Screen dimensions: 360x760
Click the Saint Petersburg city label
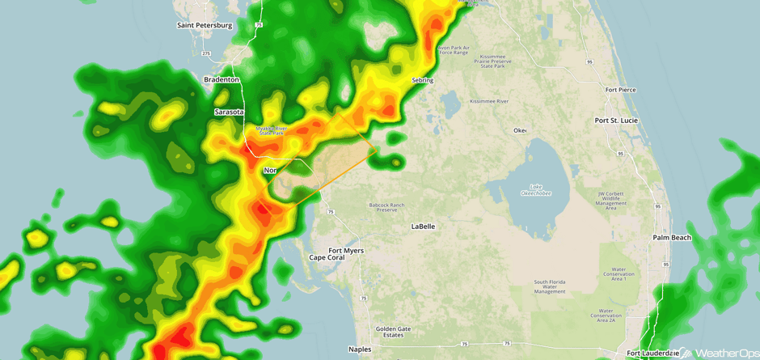click(x=205, y=25)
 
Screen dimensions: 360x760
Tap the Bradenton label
click(x=222, y=80)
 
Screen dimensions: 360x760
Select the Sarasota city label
click(x=229, y=112)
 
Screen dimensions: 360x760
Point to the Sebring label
click(x=422, y=80)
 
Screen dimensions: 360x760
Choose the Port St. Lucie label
click(x=616, y=120)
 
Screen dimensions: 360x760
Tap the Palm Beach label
click(x=672, y=238)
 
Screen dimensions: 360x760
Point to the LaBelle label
click(x=423, y=227)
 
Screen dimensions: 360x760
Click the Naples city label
click(x=359, y=349)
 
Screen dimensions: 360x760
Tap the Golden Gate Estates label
click(x=394, y=332)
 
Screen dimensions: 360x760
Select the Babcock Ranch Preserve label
click(x=386, y=208)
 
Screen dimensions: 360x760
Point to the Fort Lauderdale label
click(x=652, y=353)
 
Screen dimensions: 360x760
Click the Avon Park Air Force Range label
click(x=454, y=50)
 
